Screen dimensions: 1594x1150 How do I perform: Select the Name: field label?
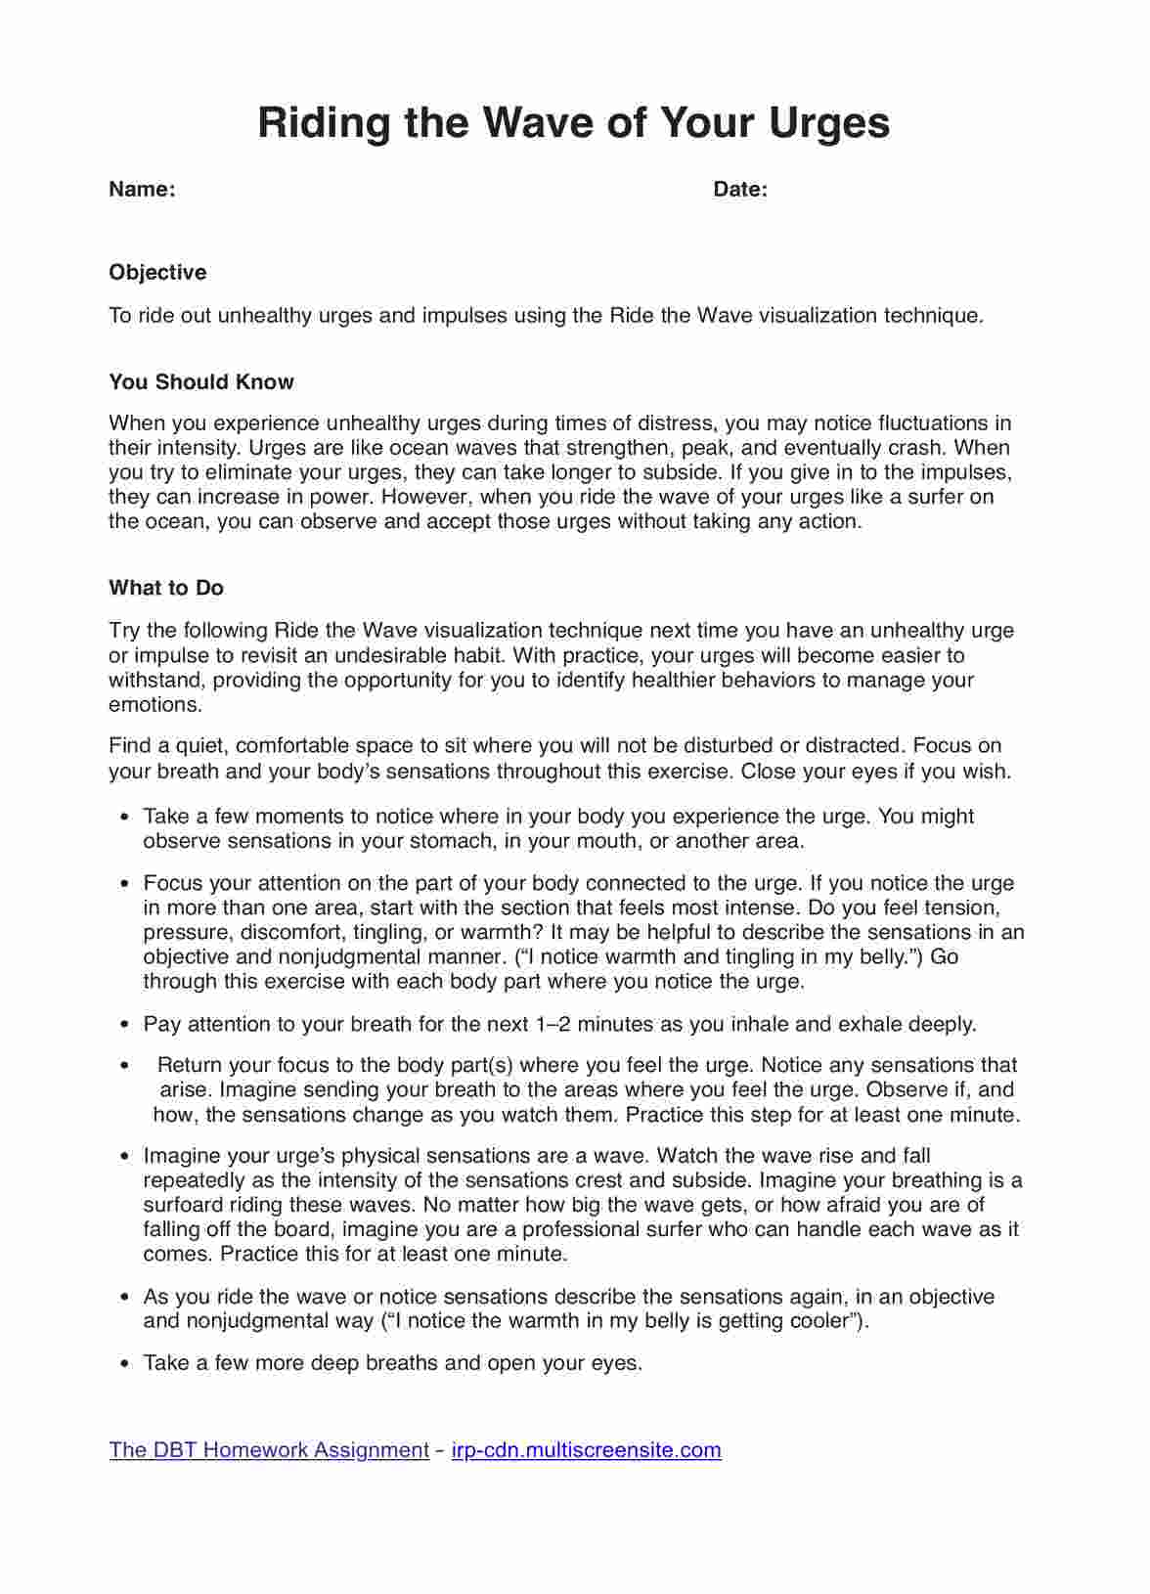(142, 190)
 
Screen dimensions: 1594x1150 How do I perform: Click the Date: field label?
(740, 190)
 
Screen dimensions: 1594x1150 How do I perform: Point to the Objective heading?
(157, 272)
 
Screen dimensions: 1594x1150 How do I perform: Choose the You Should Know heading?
(201, 381)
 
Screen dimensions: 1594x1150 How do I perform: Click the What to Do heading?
(166, 588)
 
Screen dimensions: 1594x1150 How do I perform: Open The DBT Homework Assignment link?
(269, 1449)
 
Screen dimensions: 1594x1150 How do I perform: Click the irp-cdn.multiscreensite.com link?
(587, 1449)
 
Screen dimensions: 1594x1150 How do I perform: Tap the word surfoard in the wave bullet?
(182, 1205)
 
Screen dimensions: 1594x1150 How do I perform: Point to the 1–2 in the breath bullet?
(557, 1024)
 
